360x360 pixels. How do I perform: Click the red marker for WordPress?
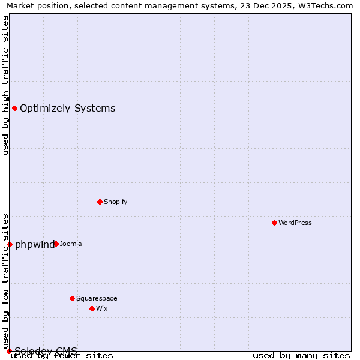(x=274, y=223)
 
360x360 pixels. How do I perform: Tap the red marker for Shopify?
(x=100, y=202)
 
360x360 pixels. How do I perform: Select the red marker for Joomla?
(x=56, y=244)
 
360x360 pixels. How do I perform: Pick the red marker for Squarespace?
(x=72, y=298)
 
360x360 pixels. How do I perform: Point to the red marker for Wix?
(x=92, y=308)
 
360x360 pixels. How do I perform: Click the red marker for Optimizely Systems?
(x=14, y=108)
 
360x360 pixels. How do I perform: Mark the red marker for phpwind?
(x=10, y=244)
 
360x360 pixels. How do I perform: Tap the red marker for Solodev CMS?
(x=9, y=351)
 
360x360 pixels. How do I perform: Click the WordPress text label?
(x=295, y=223)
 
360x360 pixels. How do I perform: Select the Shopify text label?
(x=116, y=202)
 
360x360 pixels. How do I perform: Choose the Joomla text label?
(x=71, y=244)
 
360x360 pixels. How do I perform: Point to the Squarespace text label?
(x=97, y=298)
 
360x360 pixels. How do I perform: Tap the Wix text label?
(x=102, y=308)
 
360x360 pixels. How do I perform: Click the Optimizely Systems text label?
(x=68, y=108)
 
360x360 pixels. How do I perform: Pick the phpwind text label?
(x=35, y=244)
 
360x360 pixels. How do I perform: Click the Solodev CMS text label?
(x=46, y=351)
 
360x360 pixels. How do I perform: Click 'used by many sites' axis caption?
(x=301, y=355)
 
